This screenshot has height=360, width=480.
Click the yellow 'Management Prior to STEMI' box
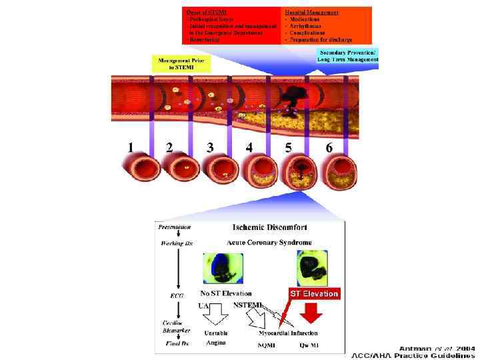click(x=181, y=64)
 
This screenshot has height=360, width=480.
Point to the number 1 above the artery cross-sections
click(x=131, y=147)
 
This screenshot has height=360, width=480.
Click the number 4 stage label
click(x=249, y=147)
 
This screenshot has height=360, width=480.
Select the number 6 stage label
click(x=329, y=147)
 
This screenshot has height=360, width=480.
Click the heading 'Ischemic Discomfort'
click(x=269, y=228)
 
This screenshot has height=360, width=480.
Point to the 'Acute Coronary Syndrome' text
click(x=269, y=243)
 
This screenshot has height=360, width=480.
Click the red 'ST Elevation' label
click(x=314, y=293)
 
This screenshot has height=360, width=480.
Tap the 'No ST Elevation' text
click(x=226, y=293)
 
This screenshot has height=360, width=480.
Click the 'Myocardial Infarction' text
click(x=289, y=333)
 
